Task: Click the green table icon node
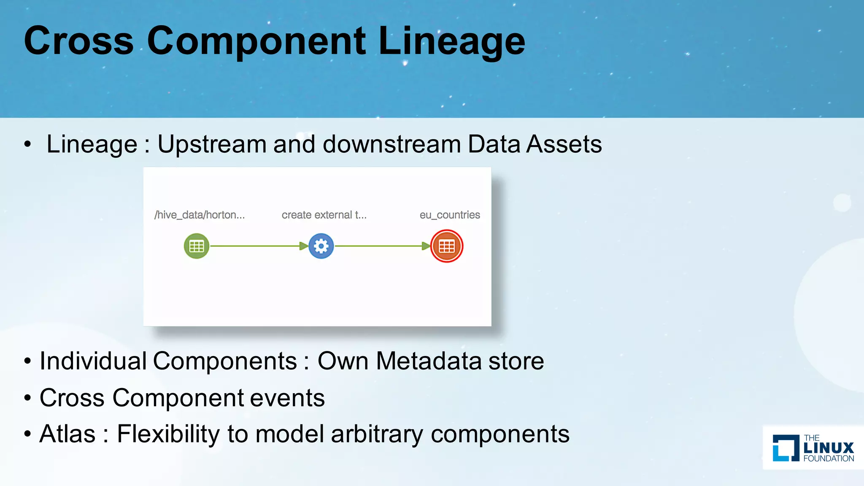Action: [x=197, y=246]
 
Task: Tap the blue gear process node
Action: [x=321, y=246]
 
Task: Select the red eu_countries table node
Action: [x=447, y=246]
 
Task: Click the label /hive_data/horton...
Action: [x=200, y=215]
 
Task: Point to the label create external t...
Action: [x=324, y=215]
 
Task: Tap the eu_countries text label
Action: [x=450, y=215]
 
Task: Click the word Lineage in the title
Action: [x=451, y=41]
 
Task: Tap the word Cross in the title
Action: [x=79, y=41]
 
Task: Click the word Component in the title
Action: [x=256, y=41]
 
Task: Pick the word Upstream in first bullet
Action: [x=212, y=144]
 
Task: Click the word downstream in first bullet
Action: [x=392, y=144]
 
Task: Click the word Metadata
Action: [x=429, y=361]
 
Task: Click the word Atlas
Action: [x=67, y=434]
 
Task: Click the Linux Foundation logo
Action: [x=813, y=448]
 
